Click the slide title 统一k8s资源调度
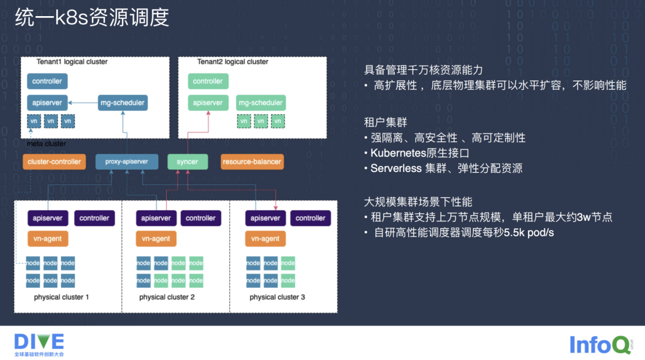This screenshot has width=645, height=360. pyautogui.click(x=92, y=17)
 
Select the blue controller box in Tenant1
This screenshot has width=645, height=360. pyautogui.click(x=47, y=81)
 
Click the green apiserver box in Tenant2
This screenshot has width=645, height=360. pyautogui.click(x=207, y=103)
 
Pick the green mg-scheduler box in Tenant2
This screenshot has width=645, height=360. pyautogui.click(x=260, y=103)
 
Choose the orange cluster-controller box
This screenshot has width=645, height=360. pyautogui.click(x=55, y=162)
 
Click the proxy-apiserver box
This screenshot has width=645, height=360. pyautogui.click(x=126, y=162)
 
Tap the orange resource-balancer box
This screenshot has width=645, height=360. pyautogui.click(x=251, y=162)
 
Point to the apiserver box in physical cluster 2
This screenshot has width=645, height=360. pyautogui.click(x=155, y=219)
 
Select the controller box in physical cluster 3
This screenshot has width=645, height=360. pyautogui.click(x=311, y=219)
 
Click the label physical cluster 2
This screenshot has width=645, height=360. pyautogui.click(x=167, y=297)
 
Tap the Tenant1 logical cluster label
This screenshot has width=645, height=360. pyautogui.click(x=72, y=62)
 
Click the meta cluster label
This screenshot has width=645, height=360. pyautogui.click(x=47, y=144)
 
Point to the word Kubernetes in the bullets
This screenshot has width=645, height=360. pyautogui.click(x=401, y=153)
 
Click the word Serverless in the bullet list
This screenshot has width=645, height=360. pyautogui.click(x=396, y=168)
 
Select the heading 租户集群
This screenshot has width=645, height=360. pyautogui.click(x=386, y=122)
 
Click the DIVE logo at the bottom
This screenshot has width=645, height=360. pyautogui.click(x=39, y=341)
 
